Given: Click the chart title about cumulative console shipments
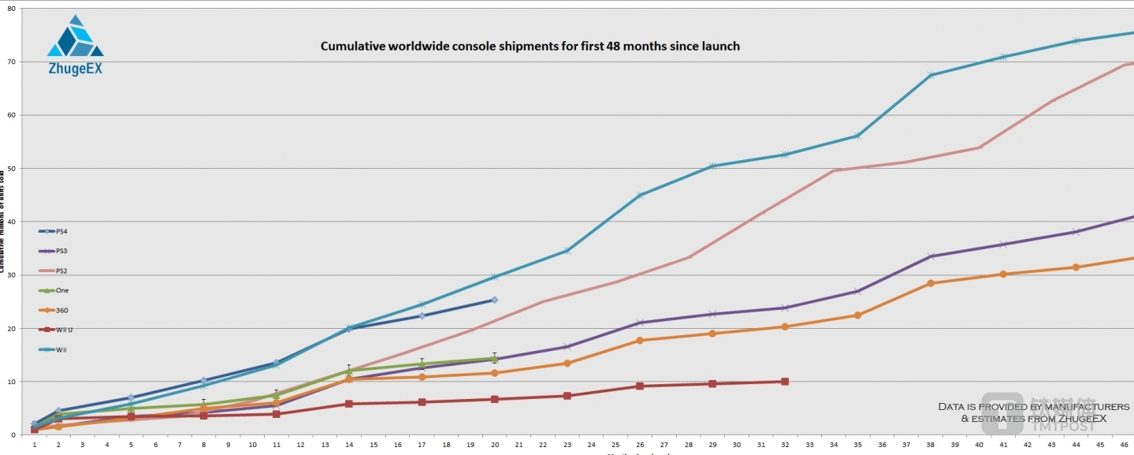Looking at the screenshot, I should tap(530, 47).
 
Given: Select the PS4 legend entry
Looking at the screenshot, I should tap(61, 231).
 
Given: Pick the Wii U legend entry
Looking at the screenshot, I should tap(64, 330).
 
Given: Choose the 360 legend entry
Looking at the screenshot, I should tap(61, 310).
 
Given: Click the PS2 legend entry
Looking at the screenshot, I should tap(61, 270).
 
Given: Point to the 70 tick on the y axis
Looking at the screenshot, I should tap(11, 62).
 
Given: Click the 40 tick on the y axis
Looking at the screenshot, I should tap(11, 222).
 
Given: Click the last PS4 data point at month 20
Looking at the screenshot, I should tap(494, 300).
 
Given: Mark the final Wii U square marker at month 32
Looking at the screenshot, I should tap(785, 382).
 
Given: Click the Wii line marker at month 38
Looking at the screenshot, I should tap(931, 75).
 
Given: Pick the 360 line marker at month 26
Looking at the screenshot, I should tap(639, 340).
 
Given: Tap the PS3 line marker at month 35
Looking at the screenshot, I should tap(857, 291).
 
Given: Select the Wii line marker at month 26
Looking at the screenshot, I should tap(639, 195).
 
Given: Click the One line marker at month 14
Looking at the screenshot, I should tap(348, 371).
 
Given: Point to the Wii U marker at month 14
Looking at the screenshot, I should tap(348, 404).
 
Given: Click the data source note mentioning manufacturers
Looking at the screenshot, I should tap(1033, 412).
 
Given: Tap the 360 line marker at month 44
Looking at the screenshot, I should tap(1076, 267).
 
